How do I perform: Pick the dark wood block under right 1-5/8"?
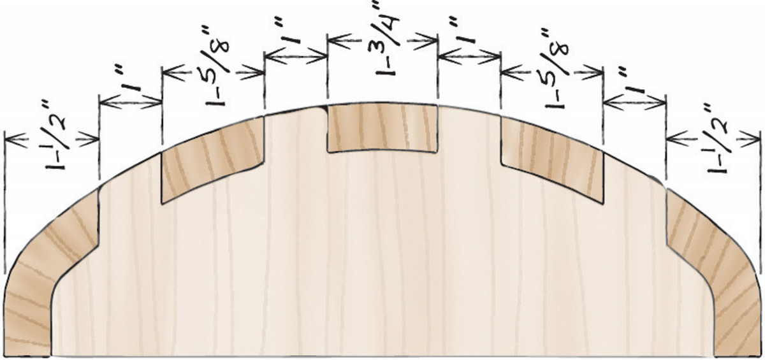tap(552, 159)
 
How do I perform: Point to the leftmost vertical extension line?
tap(5, 204)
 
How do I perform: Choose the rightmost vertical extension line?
tap(760, 204)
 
